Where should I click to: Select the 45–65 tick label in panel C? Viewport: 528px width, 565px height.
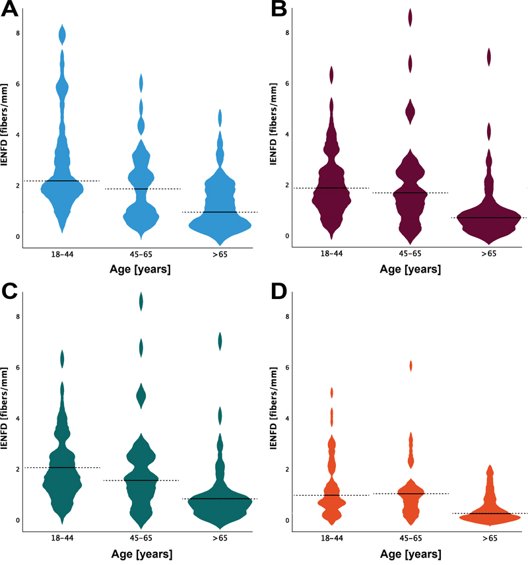pyautogui.click(x=141, y=538)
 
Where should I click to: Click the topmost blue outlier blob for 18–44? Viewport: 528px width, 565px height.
pyautogui.click(x=63, y=33)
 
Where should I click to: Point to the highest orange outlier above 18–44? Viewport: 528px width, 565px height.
pyautogui.click(x=332, y=393)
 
